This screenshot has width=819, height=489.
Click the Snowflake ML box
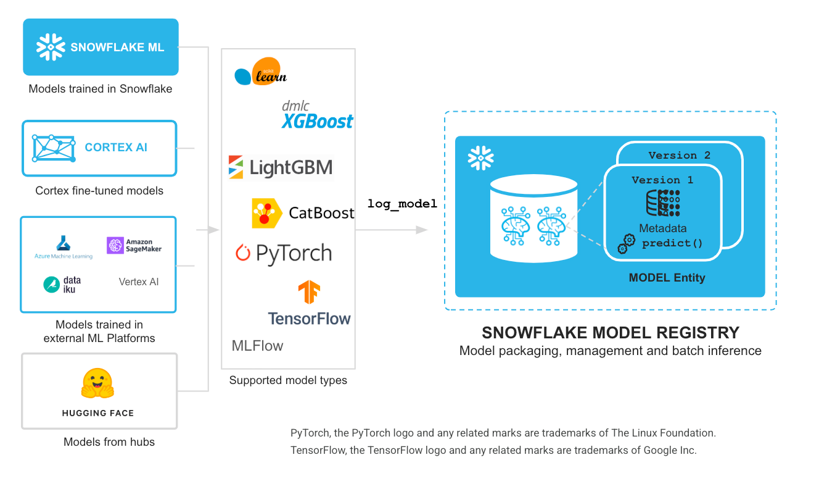tap(101, 47)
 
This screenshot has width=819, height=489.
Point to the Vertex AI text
tap(139, 282)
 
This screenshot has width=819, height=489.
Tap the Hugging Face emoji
tap(97, 383)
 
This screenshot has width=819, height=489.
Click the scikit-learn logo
tap(261, 73)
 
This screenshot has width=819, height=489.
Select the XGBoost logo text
tap(318, 120)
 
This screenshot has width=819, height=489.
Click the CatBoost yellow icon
tap(266, 214)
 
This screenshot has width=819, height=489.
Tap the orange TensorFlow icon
tap(309, 292)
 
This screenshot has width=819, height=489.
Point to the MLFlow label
tap(257, 346)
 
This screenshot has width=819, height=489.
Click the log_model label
tap(402, 204)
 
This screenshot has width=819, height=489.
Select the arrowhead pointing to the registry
tap(422, 230)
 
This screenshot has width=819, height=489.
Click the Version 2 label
tap(679, 156)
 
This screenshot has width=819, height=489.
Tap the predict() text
tap(672, 243)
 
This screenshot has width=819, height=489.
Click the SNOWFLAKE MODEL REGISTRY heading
tap(610, 333)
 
